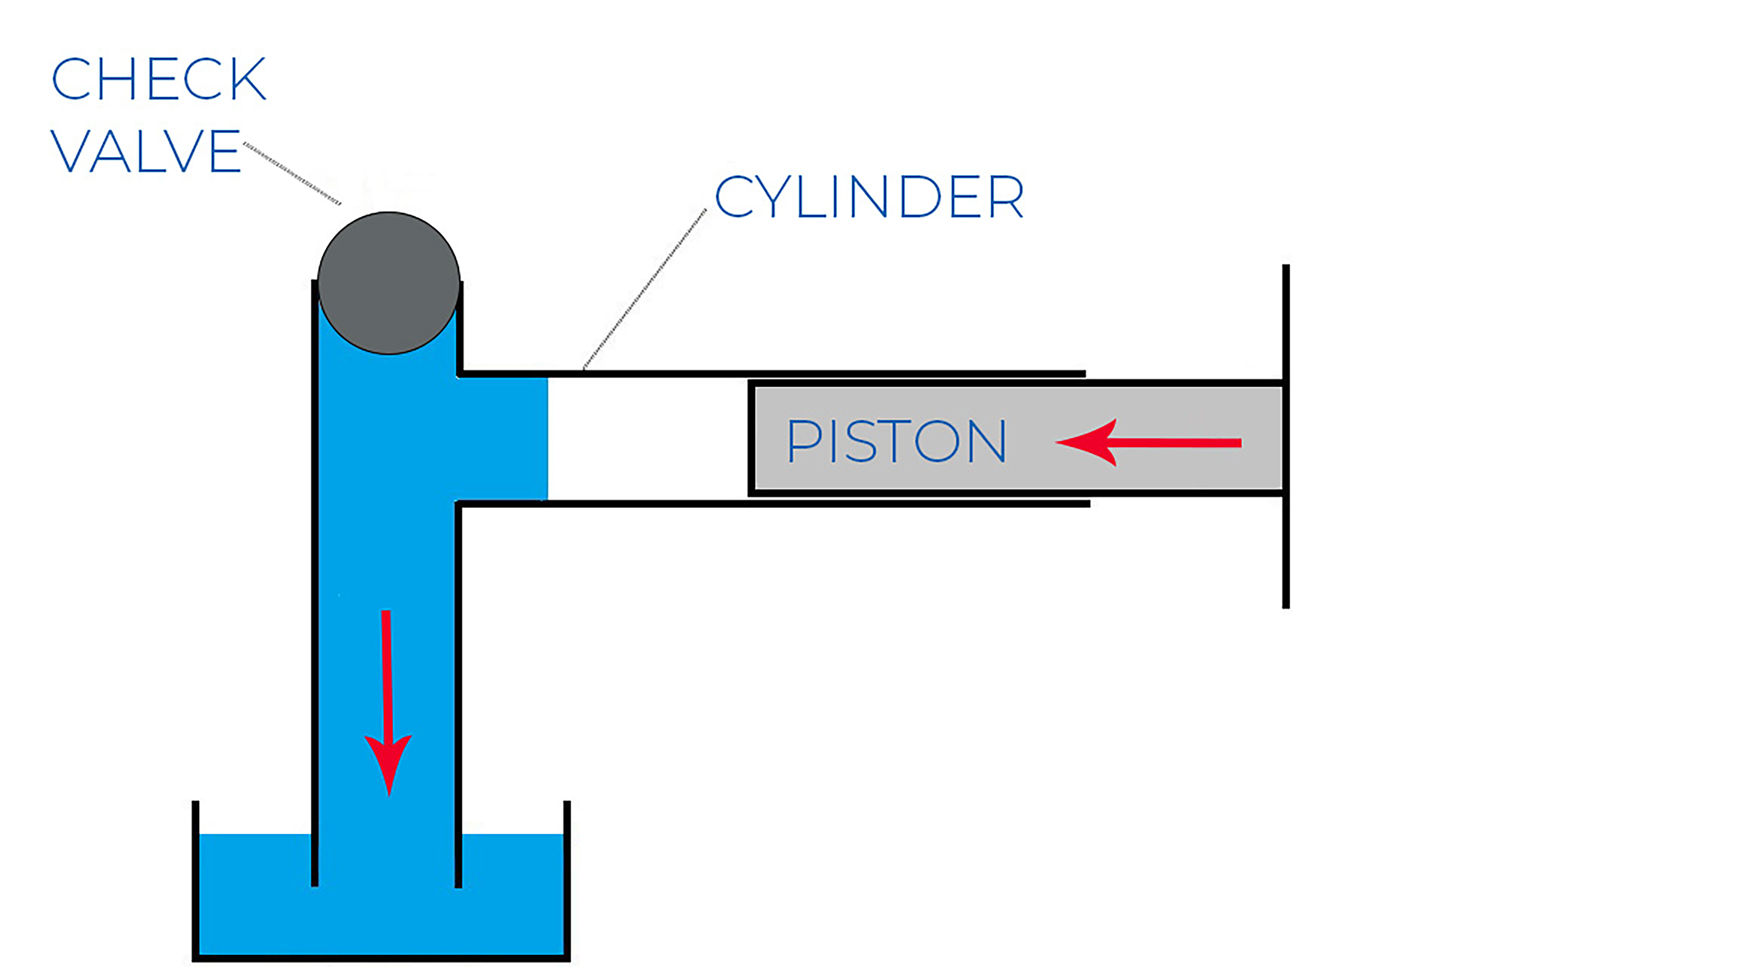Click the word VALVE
pos(146,151)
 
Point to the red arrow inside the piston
pos(1148,442)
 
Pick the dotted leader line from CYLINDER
pos(645,289)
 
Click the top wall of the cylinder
pos(770,373)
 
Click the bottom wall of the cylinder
pos(770,503)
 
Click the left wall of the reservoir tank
pos(195,878)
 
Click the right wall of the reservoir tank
pos(567,878)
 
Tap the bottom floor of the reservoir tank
pos(382,957)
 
